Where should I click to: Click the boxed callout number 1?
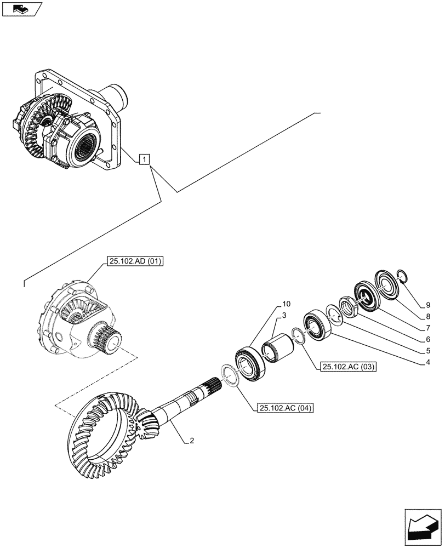point(143,159)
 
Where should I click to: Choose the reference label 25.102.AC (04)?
point(284,408)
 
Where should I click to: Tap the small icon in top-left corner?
point(22,9)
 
